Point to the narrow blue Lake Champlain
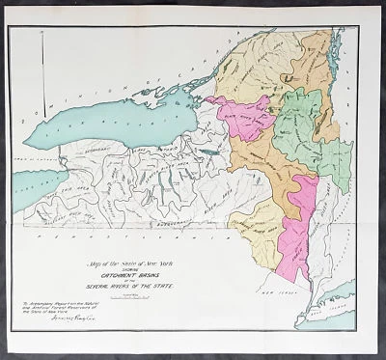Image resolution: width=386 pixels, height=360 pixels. pyautogui.click(x=335, y=77)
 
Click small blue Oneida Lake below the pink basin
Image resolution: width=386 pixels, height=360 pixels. pyautogui.click(x=205, y=152)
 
